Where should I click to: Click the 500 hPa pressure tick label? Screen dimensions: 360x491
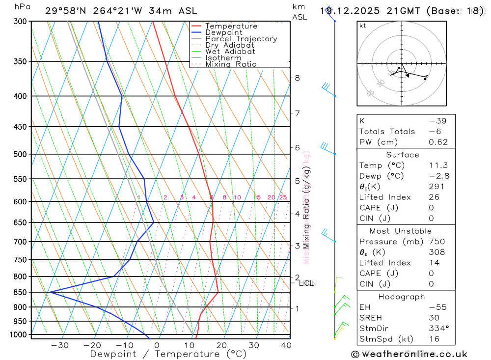21,154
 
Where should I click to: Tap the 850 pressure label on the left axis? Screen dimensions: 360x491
21,292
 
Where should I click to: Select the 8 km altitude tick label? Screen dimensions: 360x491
297,78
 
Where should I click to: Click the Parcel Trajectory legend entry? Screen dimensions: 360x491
241,39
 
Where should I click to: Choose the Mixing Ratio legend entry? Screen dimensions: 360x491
231,64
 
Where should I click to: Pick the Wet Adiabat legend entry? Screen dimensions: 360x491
230,52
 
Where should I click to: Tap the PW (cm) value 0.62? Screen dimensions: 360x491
438,142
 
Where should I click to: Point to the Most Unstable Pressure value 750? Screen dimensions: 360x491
436,242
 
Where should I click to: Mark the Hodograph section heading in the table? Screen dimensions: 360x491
402,297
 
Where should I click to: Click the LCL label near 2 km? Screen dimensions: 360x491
307,283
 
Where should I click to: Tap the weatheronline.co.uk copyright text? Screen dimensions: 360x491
409,354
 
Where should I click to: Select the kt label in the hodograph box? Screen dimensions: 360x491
363,26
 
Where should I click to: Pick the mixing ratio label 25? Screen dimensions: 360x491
283,197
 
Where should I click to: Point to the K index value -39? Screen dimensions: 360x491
435,121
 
